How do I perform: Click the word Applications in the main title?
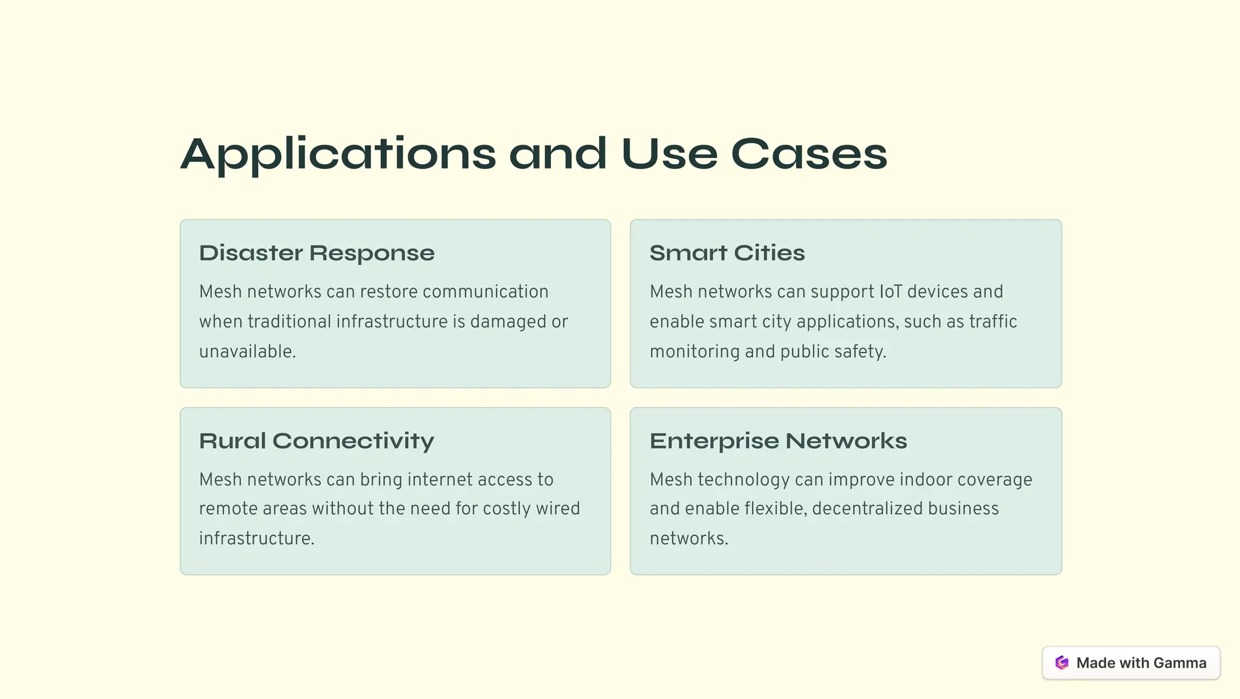pyautogui.click(x=338, y=154)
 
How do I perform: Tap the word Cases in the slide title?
pyautogui.click(x=809, y=154)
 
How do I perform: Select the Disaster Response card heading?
pyautogui.click(x=317, y=253)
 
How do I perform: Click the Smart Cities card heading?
pyautogui.click(x=727, y=253)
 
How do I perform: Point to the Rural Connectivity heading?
pyautogui.click(x=317, y=441)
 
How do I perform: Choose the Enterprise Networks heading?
pyautogui.click(x=778, y=441)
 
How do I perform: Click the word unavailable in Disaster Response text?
pyautogui.click(x=246, y=351)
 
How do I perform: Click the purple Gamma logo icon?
pyautogui.click(x=1062, y=663)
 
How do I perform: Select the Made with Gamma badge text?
pyautogui.click(x=1141, y=663)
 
